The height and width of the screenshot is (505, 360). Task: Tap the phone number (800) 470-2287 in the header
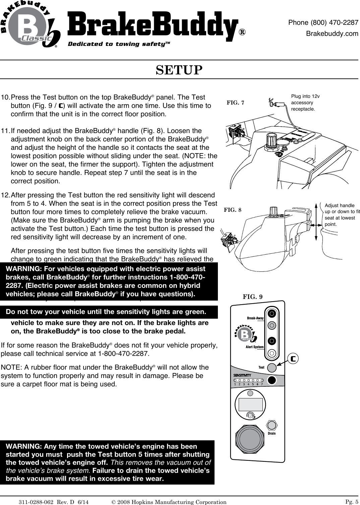323,23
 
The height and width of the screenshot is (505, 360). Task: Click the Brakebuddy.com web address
332,34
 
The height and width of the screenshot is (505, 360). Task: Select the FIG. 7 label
236,103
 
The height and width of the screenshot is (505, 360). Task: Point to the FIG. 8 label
232,210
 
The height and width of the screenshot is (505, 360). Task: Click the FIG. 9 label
252,297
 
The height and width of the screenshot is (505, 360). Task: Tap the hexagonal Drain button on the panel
272,425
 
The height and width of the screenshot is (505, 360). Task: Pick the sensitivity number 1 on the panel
235,384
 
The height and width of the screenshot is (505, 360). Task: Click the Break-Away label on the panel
255,318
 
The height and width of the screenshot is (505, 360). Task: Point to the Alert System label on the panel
254,347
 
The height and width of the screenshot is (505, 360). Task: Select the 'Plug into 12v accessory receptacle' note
305,103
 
